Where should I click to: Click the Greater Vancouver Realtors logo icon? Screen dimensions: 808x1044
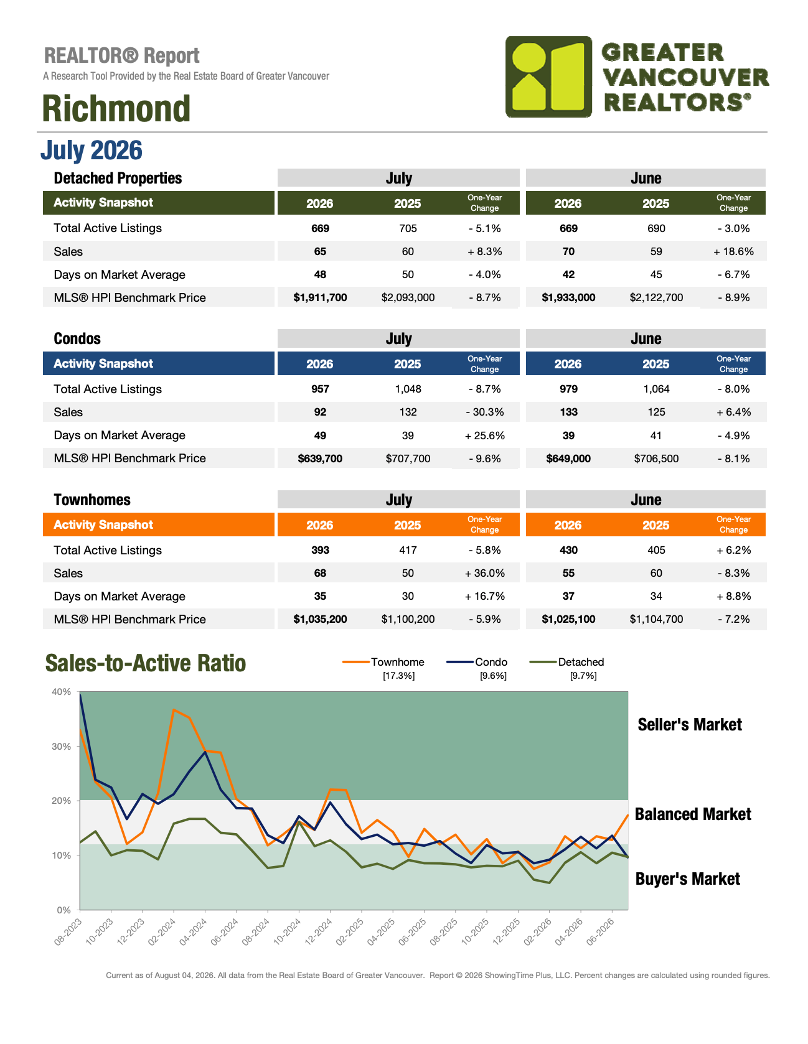coord(548,77)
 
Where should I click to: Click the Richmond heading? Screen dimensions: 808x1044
coord(116,108)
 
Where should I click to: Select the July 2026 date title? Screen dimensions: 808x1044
coord(92,151)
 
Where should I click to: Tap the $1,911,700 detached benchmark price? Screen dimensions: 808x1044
coord(320,297)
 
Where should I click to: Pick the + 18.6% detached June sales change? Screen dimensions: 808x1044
coord(734,251)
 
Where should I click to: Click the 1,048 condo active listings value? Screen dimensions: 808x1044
coord(408,389)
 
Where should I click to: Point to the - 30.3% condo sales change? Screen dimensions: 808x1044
coord(485,412)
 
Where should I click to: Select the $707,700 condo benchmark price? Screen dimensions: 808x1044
coord(408,459)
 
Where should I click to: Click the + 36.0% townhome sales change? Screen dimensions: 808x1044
coord(485,573)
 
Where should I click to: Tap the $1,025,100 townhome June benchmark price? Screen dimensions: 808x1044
coord(568,619)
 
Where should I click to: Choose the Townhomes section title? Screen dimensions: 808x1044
coord(92,500)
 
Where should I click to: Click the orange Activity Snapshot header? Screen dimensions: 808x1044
coord(103,524)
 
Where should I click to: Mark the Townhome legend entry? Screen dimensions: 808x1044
coord(383,662)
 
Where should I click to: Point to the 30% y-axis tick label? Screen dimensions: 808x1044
coord(62,746)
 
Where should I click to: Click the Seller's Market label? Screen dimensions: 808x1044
coord(690,724)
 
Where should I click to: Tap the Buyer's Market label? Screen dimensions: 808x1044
coord(688,879)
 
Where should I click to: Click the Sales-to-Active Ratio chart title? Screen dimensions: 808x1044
coord(146,663)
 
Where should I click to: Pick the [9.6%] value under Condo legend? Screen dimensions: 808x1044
coord(493,676)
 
